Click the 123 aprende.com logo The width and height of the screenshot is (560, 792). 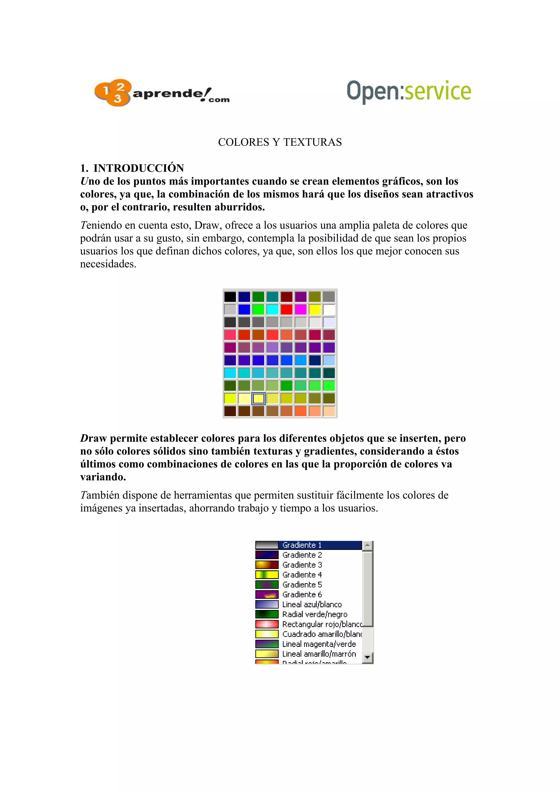[162, 93]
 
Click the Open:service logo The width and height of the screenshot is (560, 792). [409, 91]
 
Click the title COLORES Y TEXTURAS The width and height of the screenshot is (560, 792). [280, 142]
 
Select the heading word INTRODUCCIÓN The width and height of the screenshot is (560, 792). [139, 168]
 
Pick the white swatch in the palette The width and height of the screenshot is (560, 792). [329, 309]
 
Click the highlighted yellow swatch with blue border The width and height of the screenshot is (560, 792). [258, 398]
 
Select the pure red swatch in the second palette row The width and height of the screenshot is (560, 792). [286, 309]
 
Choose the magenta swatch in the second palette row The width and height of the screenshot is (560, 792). [301, 309]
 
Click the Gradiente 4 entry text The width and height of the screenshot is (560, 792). [302, 575]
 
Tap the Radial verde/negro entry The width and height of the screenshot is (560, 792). [315, 614]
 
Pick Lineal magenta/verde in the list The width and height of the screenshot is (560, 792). [319, 644]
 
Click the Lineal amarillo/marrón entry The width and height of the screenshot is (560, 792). [319, 654]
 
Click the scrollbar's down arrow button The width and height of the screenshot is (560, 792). [367, 658]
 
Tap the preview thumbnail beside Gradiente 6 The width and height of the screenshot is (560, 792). [267, 594]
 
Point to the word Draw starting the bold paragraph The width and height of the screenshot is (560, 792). [93, 438]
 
